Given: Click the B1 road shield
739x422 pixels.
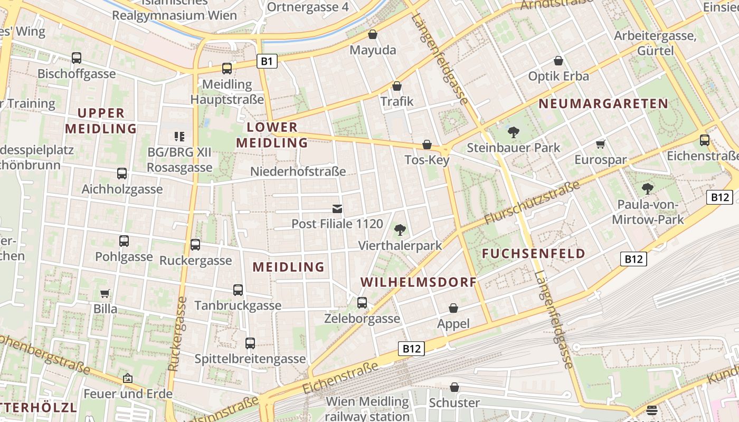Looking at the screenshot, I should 267,62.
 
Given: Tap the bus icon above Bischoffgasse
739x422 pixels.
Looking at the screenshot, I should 77,58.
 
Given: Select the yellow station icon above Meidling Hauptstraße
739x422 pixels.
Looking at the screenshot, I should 227,68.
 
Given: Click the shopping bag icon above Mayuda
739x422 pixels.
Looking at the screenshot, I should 373,35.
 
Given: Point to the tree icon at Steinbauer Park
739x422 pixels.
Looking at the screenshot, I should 513,132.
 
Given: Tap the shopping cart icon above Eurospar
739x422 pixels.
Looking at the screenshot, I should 600,144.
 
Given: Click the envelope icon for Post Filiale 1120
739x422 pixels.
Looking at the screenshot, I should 337,209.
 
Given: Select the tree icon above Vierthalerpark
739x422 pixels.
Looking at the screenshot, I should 400,230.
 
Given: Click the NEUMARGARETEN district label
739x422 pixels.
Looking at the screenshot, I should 603,104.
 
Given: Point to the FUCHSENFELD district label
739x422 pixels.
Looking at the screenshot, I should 534,254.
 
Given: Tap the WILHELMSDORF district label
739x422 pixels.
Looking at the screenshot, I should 419,282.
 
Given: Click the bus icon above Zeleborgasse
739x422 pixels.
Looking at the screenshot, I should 362,303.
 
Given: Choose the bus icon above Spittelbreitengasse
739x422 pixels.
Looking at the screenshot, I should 250,343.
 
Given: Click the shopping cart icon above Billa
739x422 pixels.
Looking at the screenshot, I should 105,293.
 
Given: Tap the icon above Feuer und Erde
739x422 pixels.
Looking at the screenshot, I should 127,378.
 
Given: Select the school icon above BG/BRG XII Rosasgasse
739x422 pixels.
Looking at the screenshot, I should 179,137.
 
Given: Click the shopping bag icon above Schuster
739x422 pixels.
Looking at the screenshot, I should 454,388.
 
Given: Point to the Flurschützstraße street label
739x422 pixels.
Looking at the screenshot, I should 532,202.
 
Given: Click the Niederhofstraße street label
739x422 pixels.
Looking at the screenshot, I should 298,171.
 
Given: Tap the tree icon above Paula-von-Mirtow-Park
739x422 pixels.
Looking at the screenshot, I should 648,189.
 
